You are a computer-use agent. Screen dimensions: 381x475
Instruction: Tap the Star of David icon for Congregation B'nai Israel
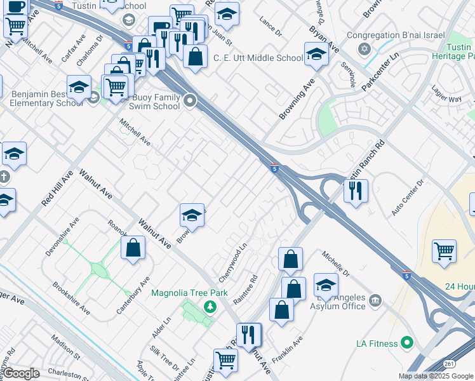point(364,49)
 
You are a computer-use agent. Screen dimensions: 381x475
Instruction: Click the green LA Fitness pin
point(406,344)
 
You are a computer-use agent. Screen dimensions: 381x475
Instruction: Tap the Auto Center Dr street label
point(408,198)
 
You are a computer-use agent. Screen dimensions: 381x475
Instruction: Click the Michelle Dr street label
point(336,264)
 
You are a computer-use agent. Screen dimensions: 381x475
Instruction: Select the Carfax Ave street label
point(73,49)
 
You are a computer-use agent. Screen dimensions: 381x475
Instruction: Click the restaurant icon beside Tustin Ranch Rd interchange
point(356,190)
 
